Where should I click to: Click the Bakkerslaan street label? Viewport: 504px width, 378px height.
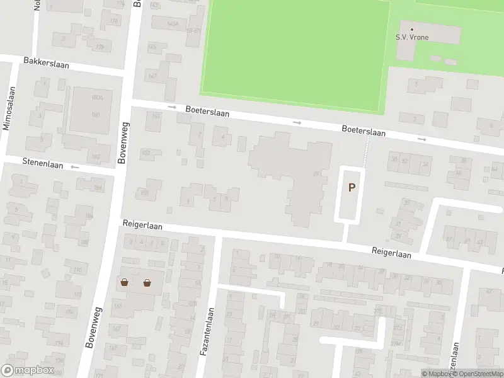[x=46, y=64]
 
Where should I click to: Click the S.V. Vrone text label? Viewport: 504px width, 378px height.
[x=412, y=37]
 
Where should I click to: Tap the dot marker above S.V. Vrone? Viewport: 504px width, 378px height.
[x=412, y=29]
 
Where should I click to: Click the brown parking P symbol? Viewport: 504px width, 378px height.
[x=352, y=187]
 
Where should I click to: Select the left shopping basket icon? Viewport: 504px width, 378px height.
[x=124, y=282]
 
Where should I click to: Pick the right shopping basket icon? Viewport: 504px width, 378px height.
[x=147, y=282]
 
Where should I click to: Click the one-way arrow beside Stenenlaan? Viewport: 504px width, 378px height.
[x=75, y=167]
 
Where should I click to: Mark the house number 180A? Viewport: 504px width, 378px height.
[x=97, y=98]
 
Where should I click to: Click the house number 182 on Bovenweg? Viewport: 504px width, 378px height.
[x=96, y=156]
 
